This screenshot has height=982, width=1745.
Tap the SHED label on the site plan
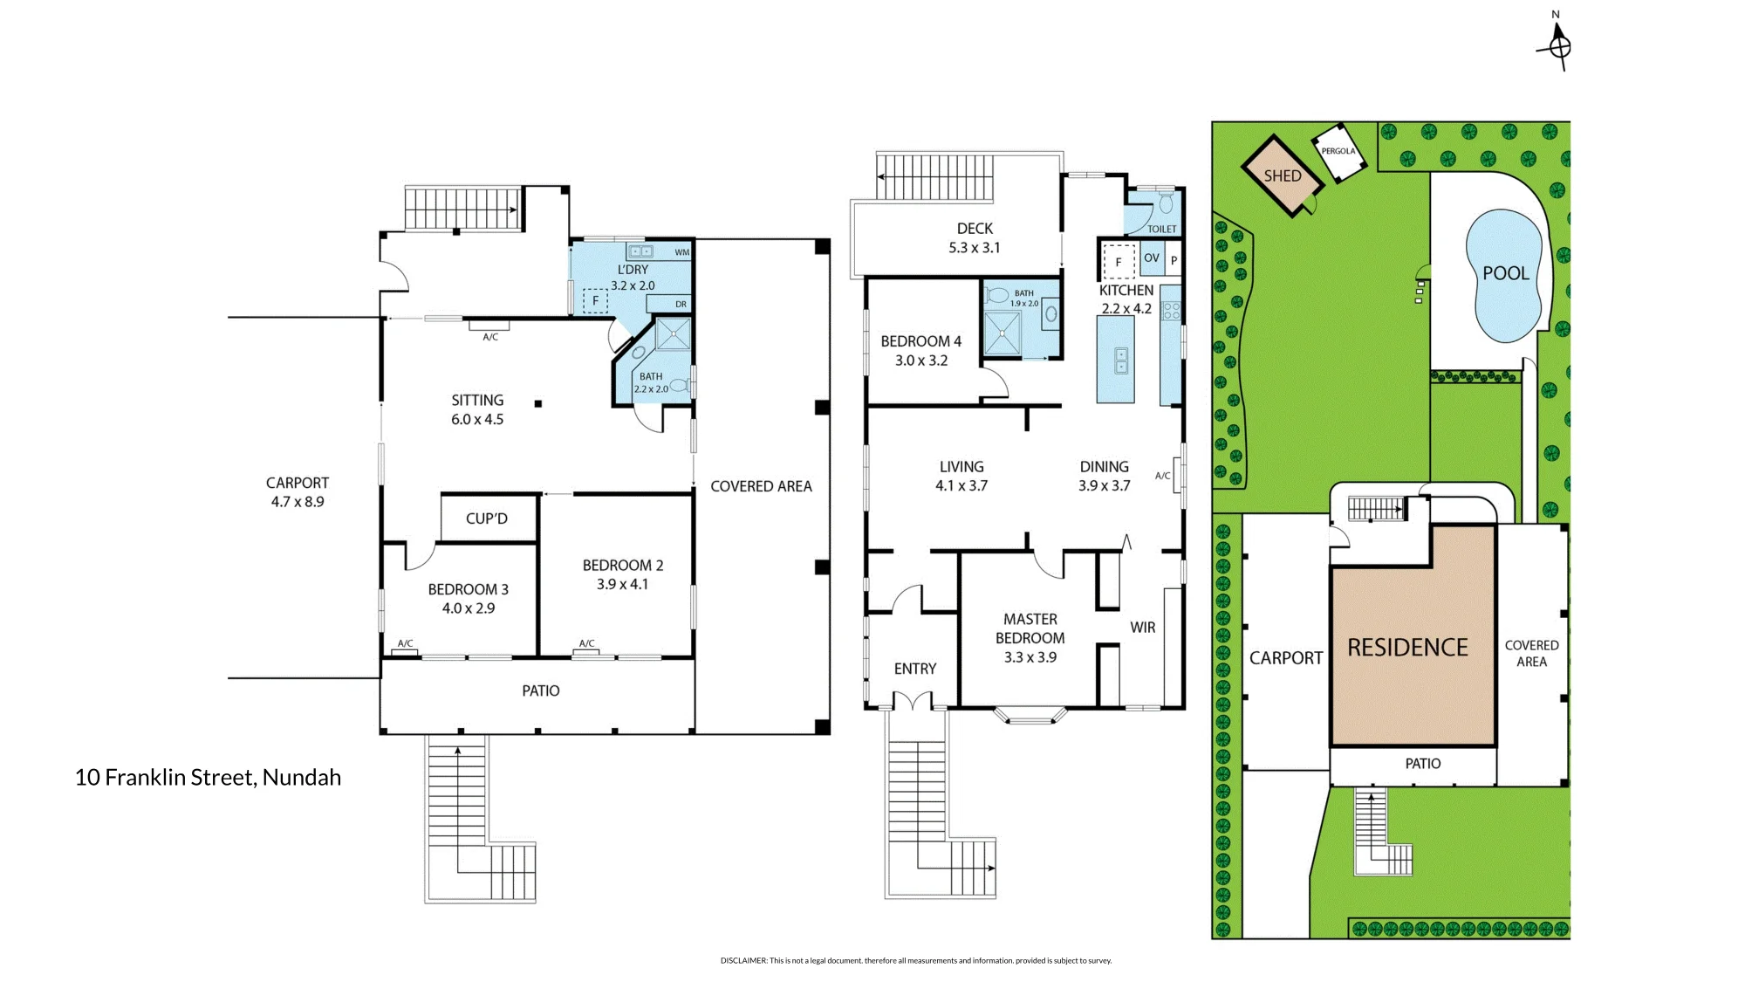tap(1283, 175)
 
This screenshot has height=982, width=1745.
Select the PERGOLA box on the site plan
tap(1338, 152)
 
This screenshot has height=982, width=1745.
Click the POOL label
tap(1506, 273)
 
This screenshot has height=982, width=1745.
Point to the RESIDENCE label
tap(1407, 648)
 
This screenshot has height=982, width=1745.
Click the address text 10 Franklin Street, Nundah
tap(208, 777)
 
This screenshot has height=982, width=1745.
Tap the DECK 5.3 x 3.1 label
tap(975, 237)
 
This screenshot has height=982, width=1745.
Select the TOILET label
tap(1161, 229)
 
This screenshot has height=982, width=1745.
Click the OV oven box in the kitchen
tap(1152, 259)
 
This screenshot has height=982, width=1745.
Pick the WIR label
tap(1142, 628)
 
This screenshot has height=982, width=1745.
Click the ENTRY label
tap(915, 669)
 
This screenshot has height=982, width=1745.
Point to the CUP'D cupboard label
tap(487, 518)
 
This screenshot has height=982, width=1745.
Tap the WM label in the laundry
tap(682, 252)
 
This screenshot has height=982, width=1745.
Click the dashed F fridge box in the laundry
tap(596, 301)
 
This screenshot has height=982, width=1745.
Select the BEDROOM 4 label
tap(920, 341)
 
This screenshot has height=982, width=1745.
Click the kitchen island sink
tap(1121, 361)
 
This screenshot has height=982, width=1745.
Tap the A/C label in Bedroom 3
tap(406, 643)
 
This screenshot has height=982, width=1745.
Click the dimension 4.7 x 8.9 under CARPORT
tap(298, 502)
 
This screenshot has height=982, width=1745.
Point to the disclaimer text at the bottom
tap(916, 960)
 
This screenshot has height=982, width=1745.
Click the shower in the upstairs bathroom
tap(1003, 333)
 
